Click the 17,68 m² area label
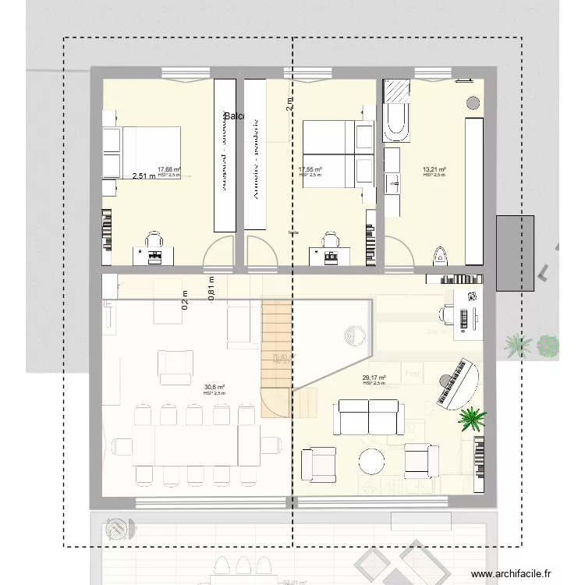pyautogui.click(x=168, y=169)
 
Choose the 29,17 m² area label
pyautogui.click(x=374, y=378)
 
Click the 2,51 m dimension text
pyautogui.click(x=144, y=176)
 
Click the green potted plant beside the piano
pyautogui.click(x=471, y=419)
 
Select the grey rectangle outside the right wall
pyautogui.click(x=515, y=253)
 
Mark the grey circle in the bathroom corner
pyautogui.click(x=472, y=102)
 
